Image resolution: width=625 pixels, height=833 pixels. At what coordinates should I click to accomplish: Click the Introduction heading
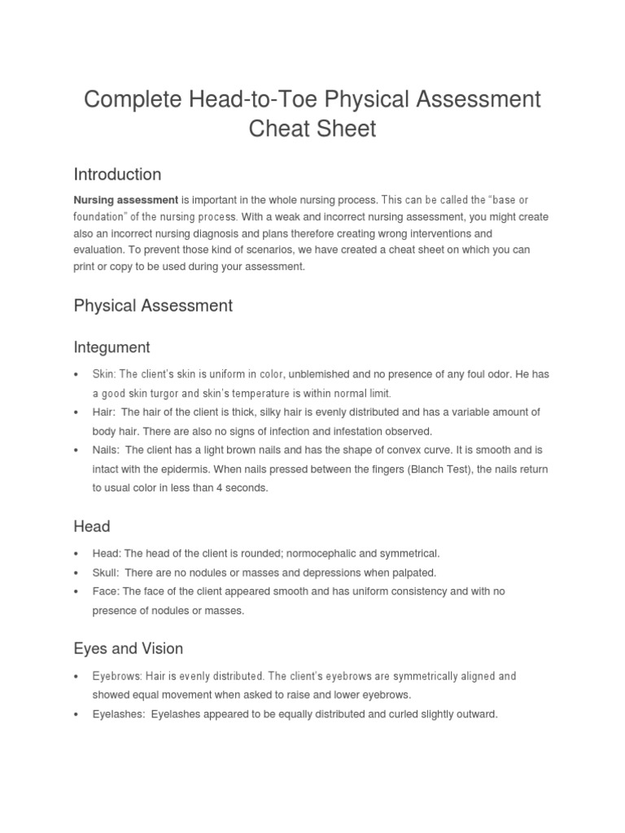(117, 174)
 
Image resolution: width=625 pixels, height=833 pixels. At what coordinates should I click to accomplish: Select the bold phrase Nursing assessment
(125, 199)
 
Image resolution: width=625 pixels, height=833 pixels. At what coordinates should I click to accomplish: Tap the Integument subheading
(111, 347)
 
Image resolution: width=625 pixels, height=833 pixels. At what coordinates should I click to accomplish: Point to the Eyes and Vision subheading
(128, 648)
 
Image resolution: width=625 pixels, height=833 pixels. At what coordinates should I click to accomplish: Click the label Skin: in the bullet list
(104, 373)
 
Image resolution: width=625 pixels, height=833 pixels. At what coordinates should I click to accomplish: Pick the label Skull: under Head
(106, 573)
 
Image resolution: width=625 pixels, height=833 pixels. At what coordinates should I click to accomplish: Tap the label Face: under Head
(105, 591)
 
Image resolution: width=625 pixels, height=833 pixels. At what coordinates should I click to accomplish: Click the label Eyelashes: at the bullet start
(118, 714)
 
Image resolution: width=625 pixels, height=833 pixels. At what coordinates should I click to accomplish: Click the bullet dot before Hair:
(76, 412)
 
